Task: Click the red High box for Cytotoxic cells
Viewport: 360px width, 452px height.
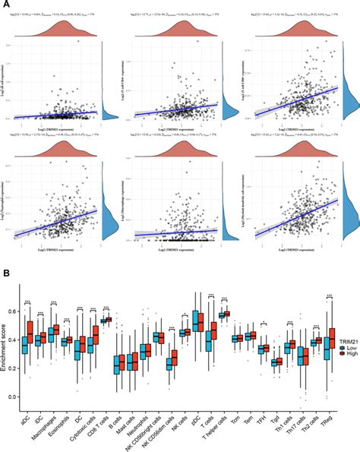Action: (x=96, y=335)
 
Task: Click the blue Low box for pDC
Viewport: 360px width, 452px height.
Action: (x=197, y=322)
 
